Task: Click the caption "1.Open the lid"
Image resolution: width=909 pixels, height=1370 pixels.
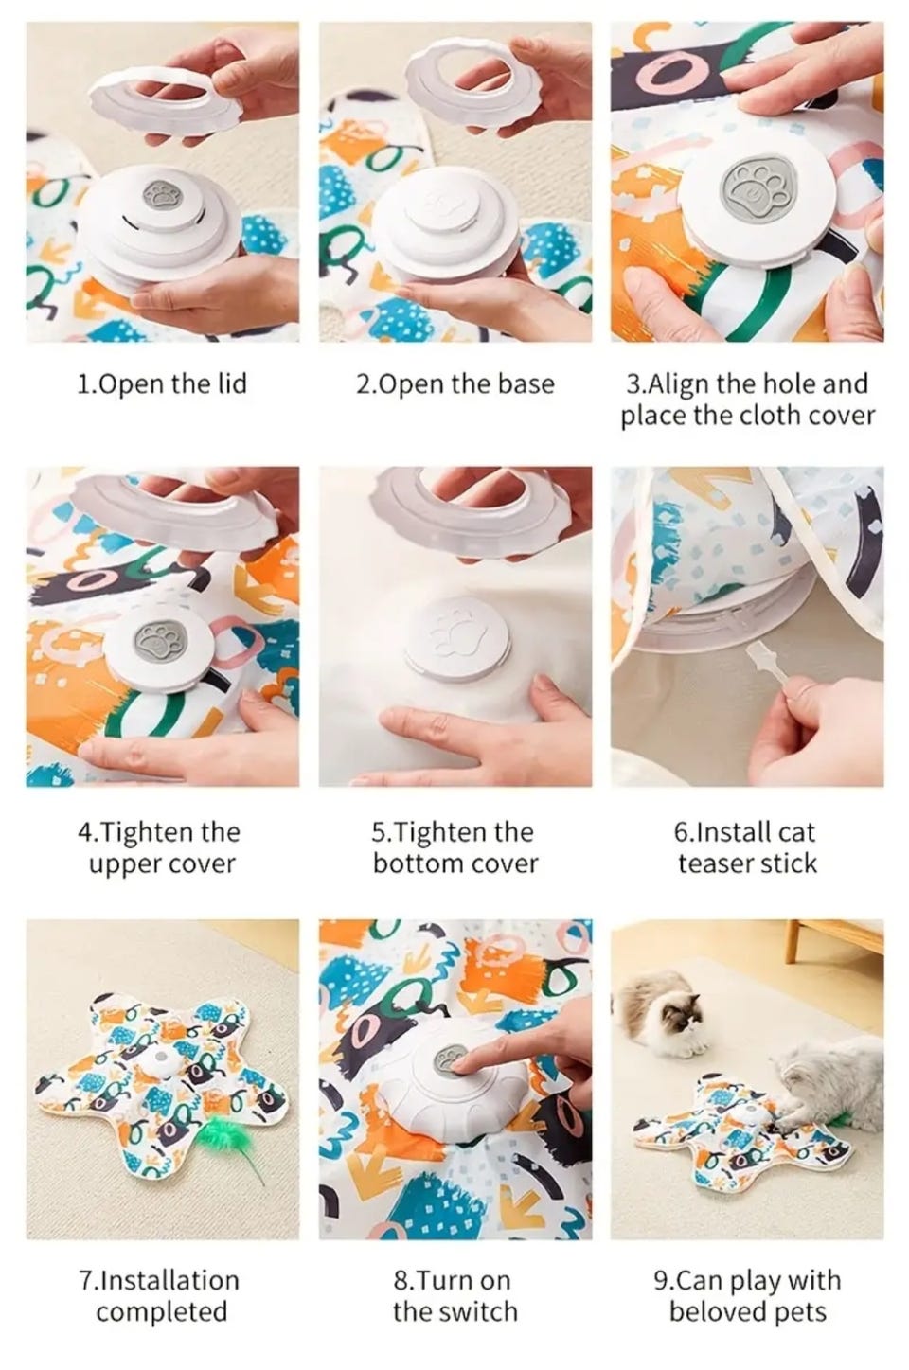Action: (162, 384)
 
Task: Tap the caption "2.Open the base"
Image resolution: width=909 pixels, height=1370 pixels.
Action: (455, 384)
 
